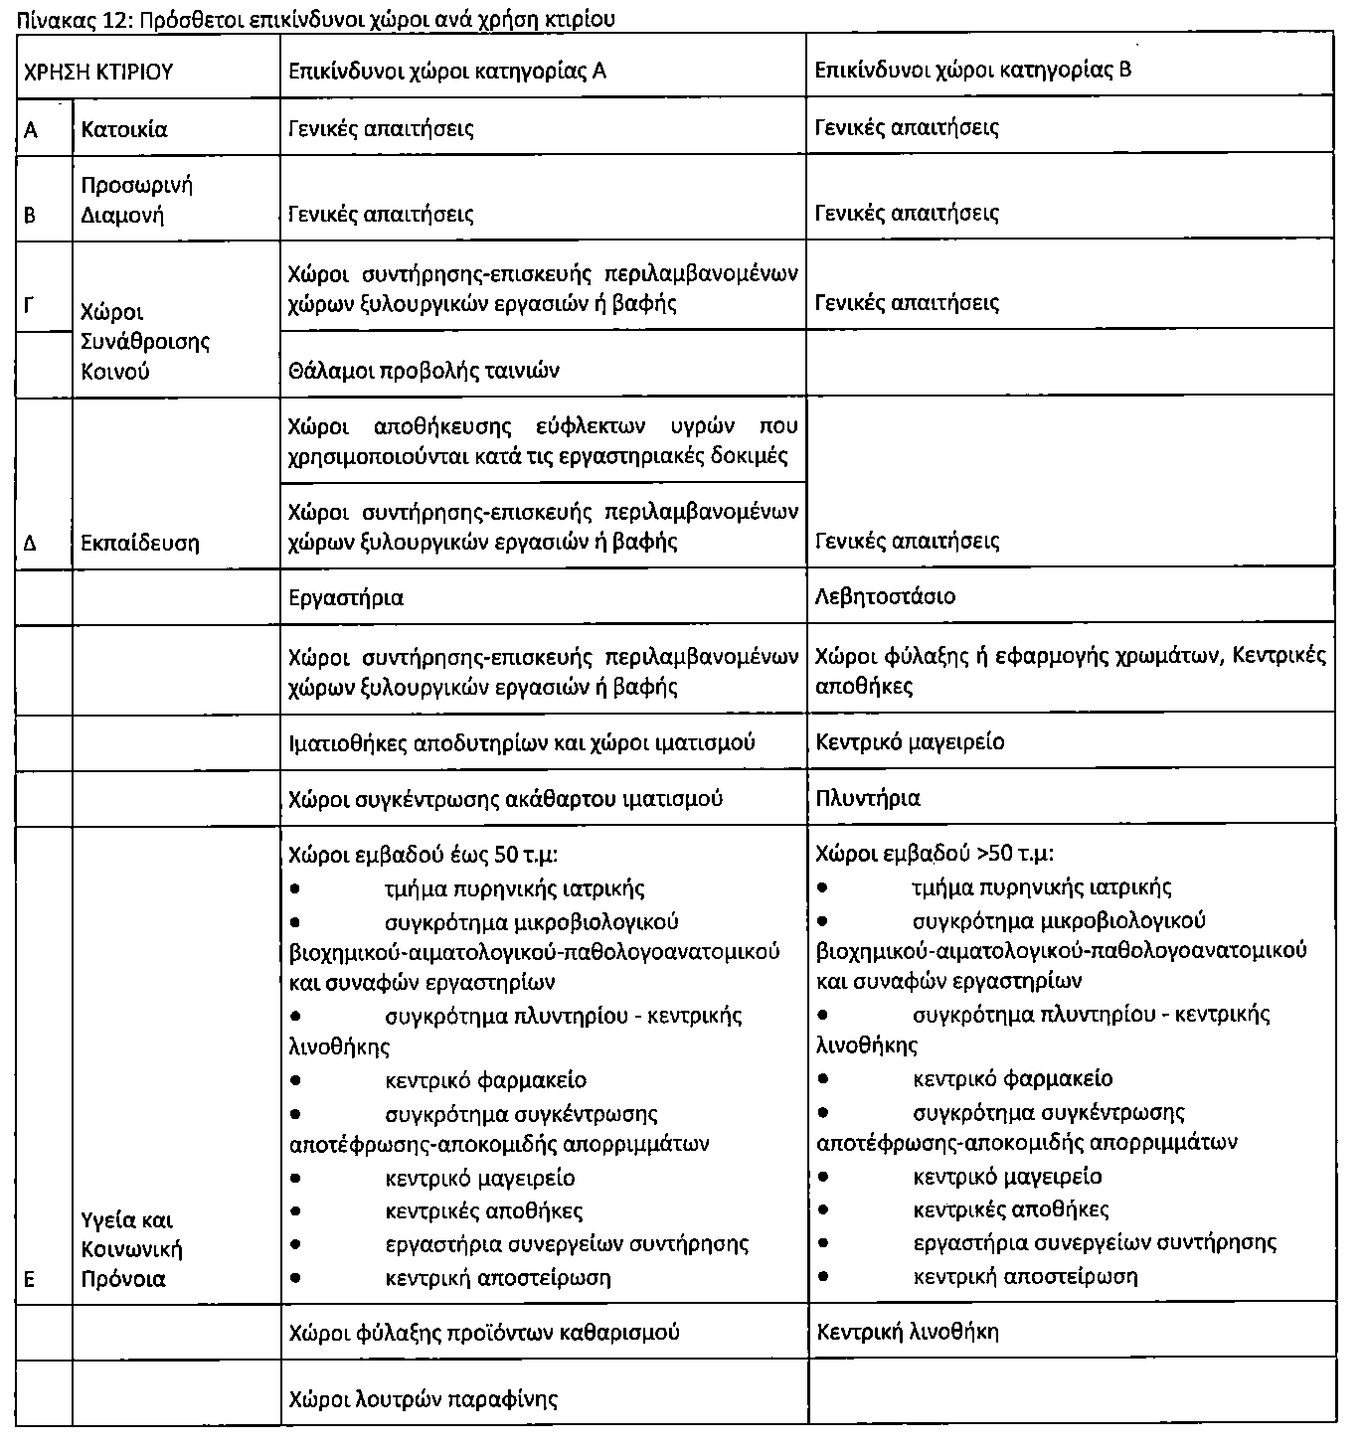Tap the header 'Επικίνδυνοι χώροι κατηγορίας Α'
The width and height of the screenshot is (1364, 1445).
point(446,71)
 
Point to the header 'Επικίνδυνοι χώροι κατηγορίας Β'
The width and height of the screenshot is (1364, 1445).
point(972,70)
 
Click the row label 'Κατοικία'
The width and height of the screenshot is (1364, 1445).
point(124,129)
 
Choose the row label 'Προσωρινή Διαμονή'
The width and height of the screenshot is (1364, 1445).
point(136,200)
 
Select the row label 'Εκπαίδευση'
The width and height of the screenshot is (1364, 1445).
point(140,544)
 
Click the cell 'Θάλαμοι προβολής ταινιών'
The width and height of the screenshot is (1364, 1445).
point(424,371)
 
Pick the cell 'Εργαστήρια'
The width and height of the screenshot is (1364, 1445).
point(345,597)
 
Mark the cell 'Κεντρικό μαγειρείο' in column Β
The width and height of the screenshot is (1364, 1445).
point(910,741)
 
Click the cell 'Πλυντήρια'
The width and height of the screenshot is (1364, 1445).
point(867,798)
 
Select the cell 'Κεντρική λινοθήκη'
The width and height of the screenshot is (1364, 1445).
point(907,1332)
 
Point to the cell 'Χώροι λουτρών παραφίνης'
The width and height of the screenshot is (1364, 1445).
point(423,1399)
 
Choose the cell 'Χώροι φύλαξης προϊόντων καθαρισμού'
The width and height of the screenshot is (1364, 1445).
point(483,1332)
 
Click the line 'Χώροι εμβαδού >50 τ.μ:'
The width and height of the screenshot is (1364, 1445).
point(935,854)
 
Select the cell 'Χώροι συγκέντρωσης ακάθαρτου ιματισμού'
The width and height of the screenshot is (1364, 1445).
point(505,799)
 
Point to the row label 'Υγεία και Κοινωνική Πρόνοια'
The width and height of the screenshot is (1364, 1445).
point(131,1249)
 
